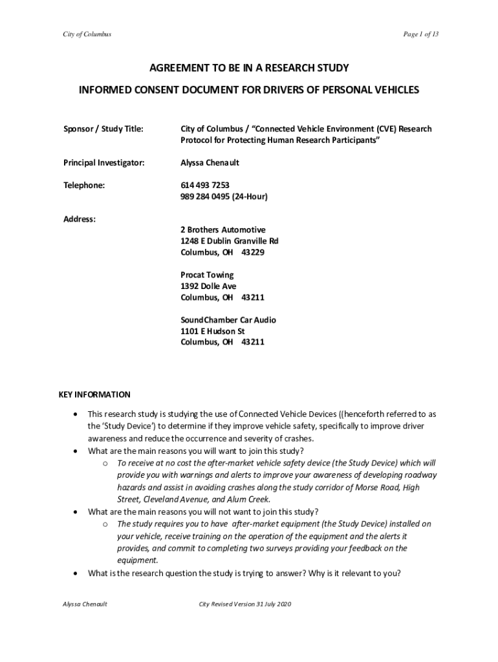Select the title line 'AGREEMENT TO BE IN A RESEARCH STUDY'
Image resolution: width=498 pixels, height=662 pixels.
tap(249, 69)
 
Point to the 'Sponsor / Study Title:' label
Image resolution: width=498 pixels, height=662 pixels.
tap(103, 129)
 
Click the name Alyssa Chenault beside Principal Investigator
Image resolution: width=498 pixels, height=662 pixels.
tap(210, 163)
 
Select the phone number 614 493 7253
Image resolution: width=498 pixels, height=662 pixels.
tap(204, 185)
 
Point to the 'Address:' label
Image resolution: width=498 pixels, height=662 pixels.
tap(80, 219)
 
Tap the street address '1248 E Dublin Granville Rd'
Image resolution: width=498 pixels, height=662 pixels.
tap(230, 241)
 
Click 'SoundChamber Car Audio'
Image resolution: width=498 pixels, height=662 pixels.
tap(228, 320)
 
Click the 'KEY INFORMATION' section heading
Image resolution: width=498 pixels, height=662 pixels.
tap(94, 394)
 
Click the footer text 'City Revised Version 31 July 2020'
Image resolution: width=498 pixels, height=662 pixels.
tap(246, 604)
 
